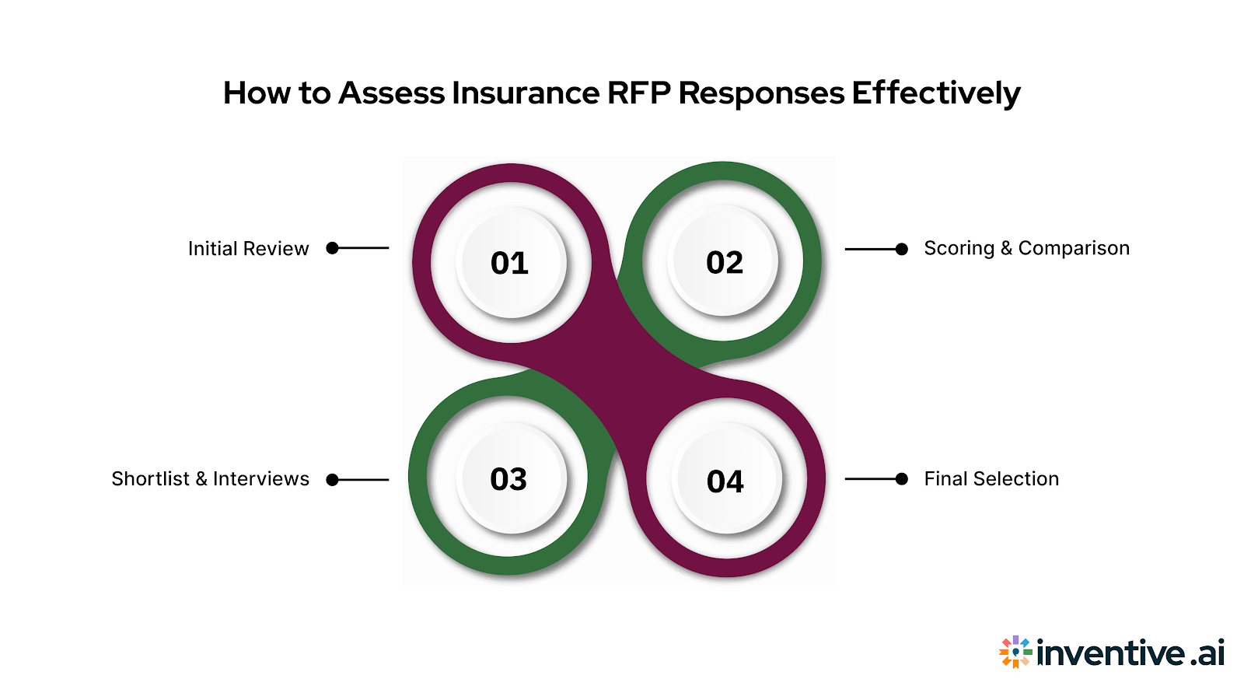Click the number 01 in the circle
pos(509,263)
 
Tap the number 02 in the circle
pos(725,263)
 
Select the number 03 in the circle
pos(508,479)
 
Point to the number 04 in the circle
pos(725,481)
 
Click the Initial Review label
pos(248,249)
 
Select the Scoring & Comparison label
pos(1026,248)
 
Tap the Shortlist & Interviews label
pos(210,479)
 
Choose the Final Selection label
pos(991,479)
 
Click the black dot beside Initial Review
pos(333,248)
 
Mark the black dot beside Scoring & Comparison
pos(902,249)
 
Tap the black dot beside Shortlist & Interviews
pos(333,480)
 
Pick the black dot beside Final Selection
pos(902,479)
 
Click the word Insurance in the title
pos(525,93)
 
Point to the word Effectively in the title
pos(935,93)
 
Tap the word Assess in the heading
pos(391,93)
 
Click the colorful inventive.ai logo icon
pos(1015,652)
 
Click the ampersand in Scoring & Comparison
pos(1006,248)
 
